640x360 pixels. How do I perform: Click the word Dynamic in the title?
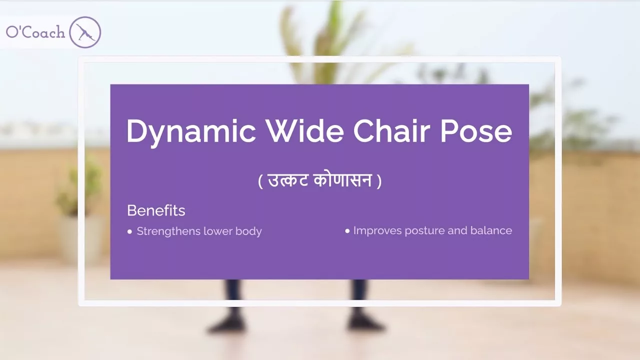[190, 131]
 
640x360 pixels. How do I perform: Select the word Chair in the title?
[392, 131]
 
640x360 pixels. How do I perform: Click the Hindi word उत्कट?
[288, 180]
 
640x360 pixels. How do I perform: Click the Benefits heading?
[156, 210]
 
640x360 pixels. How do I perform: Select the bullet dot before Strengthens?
[130, 231]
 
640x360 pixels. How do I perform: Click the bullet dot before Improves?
[347, 231]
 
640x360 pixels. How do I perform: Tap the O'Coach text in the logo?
[35, 33]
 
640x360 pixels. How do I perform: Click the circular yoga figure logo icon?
[85, 32]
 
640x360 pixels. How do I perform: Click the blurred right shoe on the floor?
[366, 324]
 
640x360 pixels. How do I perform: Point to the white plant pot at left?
[75, 240]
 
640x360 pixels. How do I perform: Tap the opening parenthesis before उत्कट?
[260, 180]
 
